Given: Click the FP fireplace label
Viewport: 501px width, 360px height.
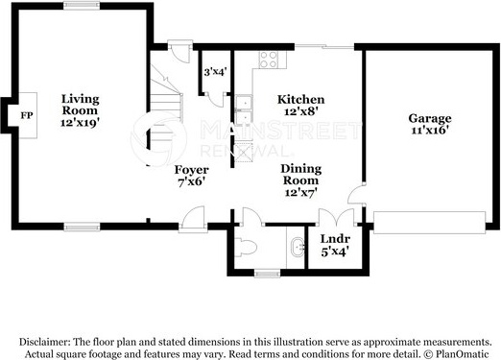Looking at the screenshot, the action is [27, 115].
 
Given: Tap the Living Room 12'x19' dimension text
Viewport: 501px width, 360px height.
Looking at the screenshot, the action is [80, 123].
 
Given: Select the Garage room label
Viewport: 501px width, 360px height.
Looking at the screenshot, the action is [430, 119].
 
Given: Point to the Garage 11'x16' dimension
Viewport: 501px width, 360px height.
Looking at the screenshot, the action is [429, 131].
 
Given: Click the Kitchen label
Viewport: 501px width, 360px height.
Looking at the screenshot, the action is [300, 100].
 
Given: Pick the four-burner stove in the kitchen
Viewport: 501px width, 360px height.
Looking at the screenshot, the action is [269, 60].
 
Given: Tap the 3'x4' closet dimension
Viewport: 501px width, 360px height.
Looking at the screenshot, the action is [215, 72].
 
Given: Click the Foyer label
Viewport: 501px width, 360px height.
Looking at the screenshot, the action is [191, 170].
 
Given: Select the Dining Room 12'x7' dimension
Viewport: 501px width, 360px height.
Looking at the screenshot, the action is [301, 192].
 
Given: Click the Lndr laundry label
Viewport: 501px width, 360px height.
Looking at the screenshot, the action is [335, 239].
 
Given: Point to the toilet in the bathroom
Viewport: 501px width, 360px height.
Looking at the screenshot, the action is [246, 248].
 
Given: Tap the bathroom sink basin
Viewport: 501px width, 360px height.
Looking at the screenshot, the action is [298, 247].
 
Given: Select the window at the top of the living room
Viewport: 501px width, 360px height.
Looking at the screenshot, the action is [82, 5].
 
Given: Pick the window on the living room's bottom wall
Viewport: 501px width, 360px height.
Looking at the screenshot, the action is [82, 228].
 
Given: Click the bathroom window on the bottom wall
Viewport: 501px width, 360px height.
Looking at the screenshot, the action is [267, 274].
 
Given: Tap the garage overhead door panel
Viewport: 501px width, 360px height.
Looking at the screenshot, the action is [430, 223].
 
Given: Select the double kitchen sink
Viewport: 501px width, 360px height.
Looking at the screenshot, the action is [245, 109].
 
